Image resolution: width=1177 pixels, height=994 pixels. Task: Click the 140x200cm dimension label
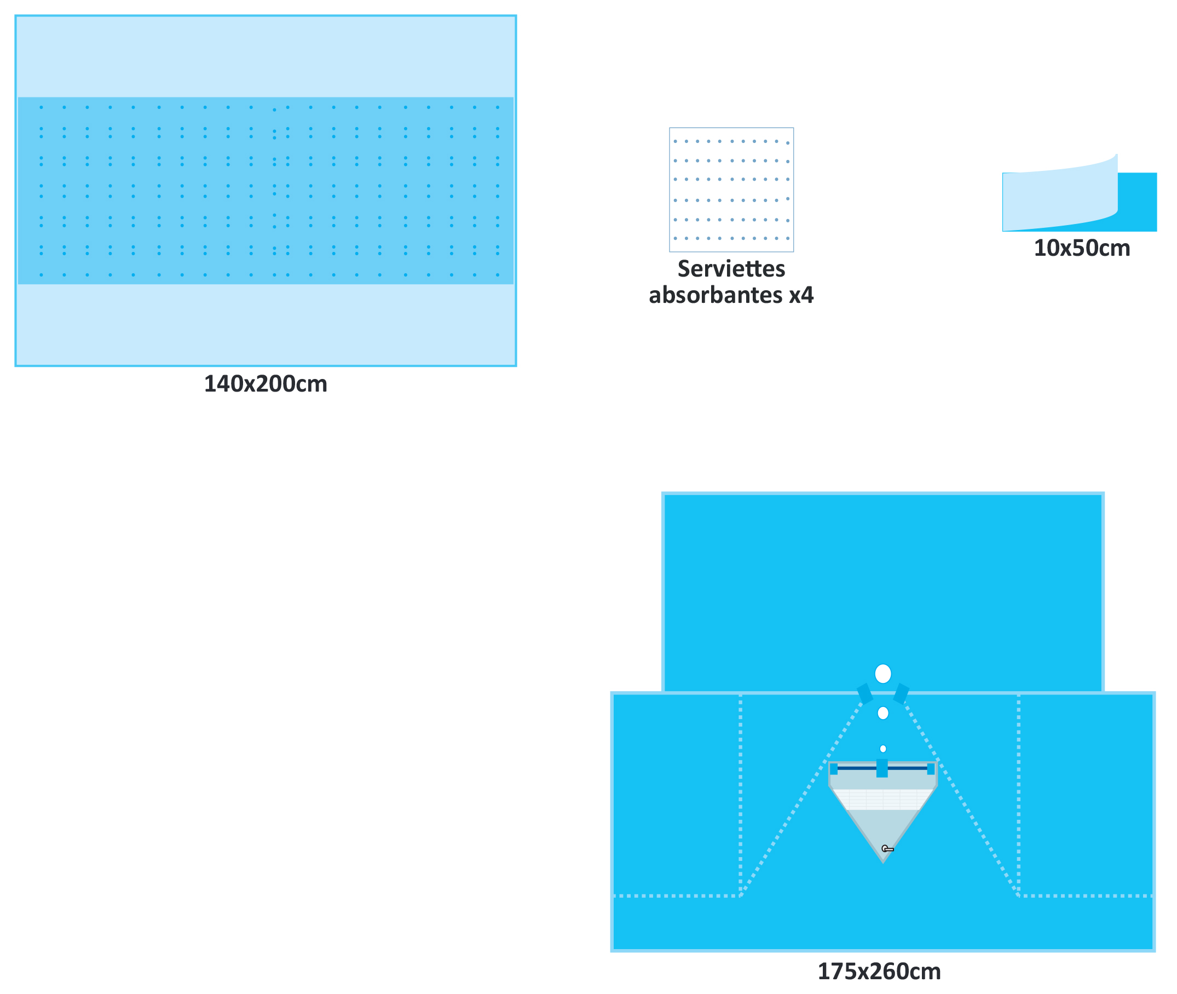(x=266, y=384)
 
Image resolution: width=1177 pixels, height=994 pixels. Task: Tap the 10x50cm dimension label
(x=1081, y=249)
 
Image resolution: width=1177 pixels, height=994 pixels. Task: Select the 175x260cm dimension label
(x=879, y=972)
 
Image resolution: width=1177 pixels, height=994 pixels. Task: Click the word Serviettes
(x=731, y=269)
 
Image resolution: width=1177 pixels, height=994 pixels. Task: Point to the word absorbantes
(x=715, y=295)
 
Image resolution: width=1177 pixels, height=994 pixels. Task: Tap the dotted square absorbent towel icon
(x=731, y=190)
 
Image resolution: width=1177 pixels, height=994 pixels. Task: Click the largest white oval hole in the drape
(x=882, y=674)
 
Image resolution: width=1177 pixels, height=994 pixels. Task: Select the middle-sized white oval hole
(x=882, y=713)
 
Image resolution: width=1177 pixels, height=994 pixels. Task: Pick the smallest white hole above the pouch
(x=882, y=749)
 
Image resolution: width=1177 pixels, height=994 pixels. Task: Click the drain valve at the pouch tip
(x=887, y=849)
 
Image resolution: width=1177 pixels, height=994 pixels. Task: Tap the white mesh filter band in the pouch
(x=882, y=799)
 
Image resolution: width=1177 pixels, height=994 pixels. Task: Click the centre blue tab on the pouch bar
(x=882, y=768)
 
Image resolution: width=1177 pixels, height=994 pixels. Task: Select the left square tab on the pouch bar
(x=833, y=769)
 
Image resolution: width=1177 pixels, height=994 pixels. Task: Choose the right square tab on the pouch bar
(x=930, y=769)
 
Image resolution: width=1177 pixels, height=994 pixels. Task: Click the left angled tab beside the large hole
(x=864, y=694)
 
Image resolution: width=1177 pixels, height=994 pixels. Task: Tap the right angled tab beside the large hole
(x=901, y=694)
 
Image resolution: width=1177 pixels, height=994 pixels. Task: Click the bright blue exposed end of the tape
(x=1138, y=202)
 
